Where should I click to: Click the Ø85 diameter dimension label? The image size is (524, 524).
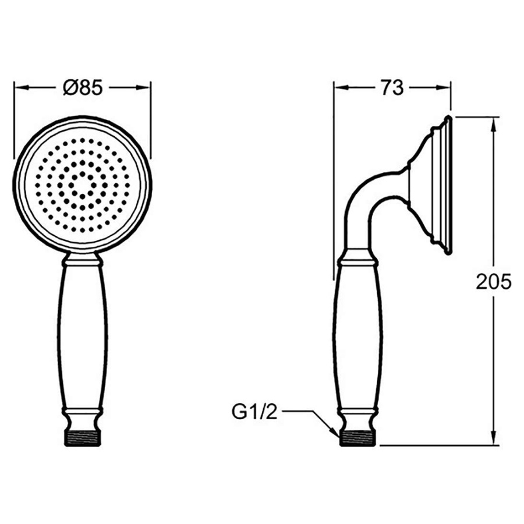(83, 88)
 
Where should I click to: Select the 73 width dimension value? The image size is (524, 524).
(392, 88)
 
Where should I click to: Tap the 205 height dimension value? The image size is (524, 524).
(494, 282)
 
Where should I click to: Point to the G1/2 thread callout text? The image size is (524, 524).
(254, 412)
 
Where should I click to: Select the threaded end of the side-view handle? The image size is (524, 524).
(358, 438)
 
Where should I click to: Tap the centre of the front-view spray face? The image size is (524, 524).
(83, 185)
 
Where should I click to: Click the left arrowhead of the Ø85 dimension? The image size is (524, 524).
(21, 87)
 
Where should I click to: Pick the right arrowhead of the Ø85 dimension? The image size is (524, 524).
(143, 87)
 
